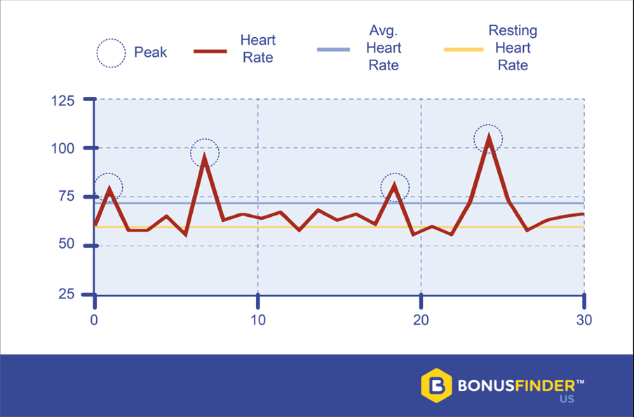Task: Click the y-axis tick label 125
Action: (x=62, y=100)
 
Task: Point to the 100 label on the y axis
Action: (x=62, y=149)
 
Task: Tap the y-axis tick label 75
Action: (x=66, y=197)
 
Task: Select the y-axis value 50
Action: (x=66, y=245)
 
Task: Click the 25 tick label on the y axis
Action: (x=66, y=293)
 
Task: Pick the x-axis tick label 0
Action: (x=95, y=320)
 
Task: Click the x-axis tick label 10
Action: (x=258, y=320)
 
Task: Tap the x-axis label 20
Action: (x=421, y=320)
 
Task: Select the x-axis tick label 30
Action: (x=584, y=320)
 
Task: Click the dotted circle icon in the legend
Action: (x=109, y=53)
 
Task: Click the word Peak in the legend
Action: (x=151, y=53)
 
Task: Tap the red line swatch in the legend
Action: (x=210, y=51)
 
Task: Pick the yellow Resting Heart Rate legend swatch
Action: (x=464, y=50)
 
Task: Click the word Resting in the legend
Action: (x=513, y=32)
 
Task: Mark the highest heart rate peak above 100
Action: (x=488, y=138)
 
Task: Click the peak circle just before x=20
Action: (x=395, y=187)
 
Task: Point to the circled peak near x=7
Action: (x=205, y=153)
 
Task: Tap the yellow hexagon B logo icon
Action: (x=436, y=385)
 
